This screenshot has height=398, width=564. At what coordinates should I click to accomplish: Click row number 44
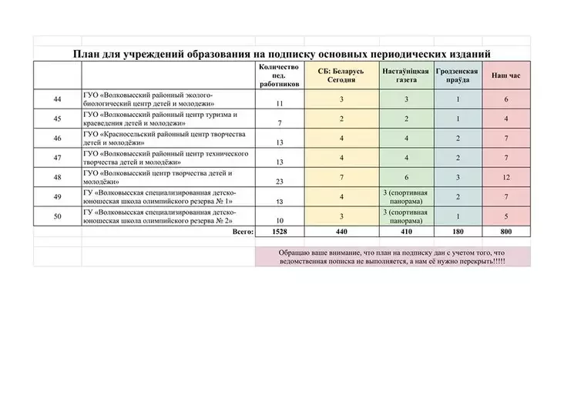(57, 99)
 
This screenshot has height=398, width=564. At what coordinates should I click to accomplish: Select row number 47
(57, 157)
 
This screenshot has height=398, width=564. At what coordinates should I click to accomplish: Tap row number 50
(57, 215)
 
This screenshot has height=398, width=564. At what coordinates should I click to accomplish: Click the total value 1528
(279, 230)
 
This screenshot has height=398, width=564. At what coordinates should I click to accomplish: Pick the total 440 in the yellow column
(341, 230)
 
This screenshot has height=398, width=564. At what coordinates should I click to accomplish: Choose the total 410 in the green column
(406, 230)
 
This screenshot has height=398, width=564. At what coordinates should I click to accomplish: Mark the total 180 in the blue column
(458, 230)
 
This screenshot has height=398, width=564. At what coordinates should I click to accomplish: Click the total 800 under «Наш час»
(506, 230)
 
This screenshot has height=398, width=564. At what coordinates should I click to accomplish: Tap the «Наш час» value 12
(506, 176)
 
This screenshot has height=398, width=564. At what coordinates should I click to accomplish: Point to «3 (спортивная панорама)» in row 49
(406, 196)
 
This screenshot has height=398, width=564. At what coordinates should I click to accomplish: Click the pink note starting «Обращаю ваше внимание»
(393, 256)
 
